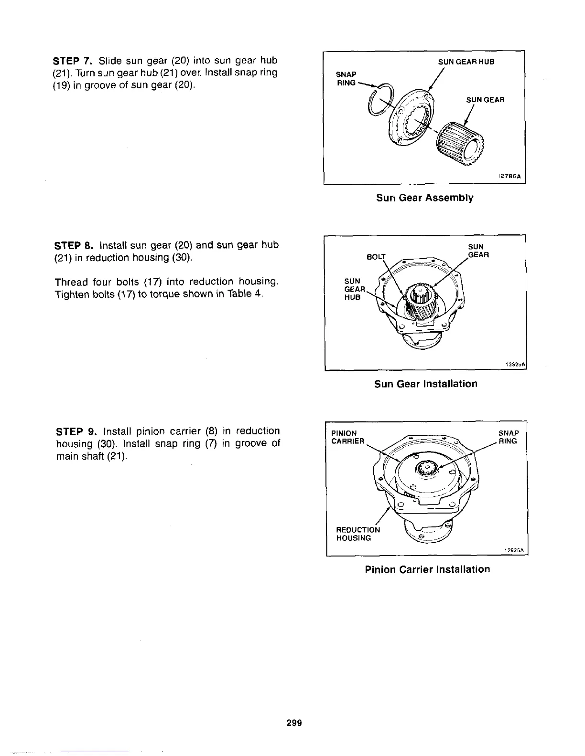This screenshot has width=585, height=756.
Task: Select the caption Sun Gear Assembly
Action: pos(424,198)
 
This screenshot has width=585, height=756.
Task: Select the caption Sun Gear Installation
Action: pos(425,384)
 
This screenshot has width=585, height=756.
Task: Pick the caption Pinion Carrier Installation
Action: pos(427,569)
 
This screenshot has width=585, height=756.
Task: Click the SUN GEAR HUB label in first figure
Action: pos(466,62)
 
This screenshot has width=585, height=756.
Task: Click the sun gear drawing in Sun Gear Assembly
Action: pos(461,142)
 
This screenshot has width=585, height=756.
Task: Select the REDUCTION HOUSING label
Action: pos(358,534)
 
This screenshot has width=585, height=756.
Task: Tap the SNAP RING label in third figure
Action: pos(508,437)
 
